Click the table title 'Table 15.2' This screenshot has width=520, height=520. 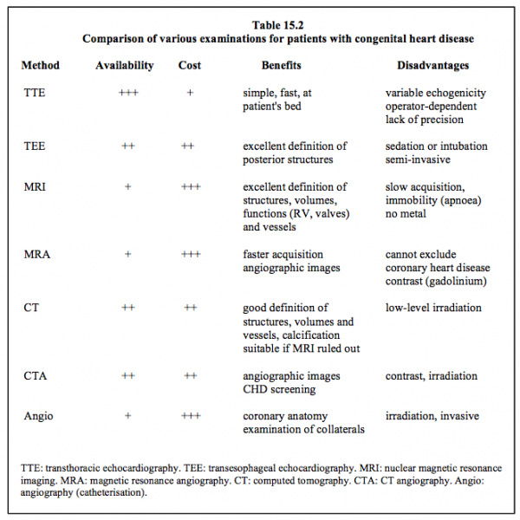click(x=277, y=25)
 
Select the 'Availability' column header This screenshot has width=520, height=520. click(x=125, y=66)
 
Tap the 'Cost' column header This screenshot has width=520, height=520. click(x=190, y=65)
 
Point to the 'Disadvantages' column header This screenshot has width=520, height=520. click(x=433, y=66)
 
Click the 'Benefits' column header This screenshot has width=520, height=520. click(x=281, y=65)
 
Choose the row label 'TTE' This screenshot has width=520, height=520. click(x=35, y=93)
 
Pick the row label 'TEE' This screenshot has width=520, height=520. click(x=35, y=146)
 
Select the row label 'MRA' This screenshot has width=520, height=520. click(x=37, y=254)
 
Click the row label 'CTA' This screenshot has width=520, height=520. click(x=36, y=376)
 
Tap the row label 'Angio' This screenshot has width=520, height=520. click(x=38, y=416)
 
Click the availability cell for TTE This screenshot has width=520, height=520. click(x=128, y=93)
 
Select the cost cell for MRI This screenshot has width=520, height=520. click(x=191, y=186)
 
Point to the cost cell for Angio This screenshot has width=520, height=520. click(x=191, y=415)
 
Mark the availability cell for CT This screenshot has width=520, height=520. click(x=128, y=308)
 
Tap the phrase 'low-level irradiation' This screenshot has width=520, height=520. click(x=433, y=308)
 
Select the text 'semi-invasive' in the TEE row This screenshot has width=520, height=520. click(x=418, y=159)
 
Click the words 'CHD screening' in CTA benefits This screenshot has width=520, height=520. click(x=279, y=389)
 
